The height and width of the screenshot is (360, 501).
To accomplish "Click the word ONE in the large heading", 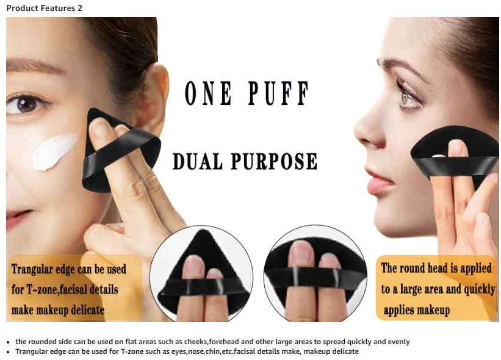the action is pos(208,93).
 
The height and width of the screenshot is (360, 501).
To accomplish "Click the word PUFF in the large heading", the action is pos(278,93).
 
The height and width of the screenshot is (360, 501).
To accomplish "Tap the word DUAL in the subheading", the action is pos(198,161).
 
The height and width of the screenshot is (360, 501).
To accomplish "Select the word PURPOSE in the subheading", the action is pos(274,161).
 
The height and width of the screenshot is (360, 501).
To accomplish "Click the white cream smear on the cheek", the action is pos(55,151).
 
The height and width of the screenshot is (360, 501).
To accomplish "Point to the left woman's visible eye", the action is pos(27,104).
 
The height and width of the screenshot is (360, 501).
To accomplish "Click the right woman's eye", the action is pos(408,95).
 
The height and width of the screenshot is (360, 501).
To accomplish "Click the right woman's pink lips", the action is pos(378,181).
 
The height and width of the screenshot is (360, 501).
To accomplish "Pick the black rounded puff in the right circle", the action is pos(315,272).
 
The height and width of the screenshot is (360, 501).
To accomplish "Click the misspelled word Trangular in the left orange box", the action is pos(32,269).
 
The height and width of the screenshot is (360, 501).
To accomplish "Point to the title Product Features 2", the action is pos(45,8).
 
